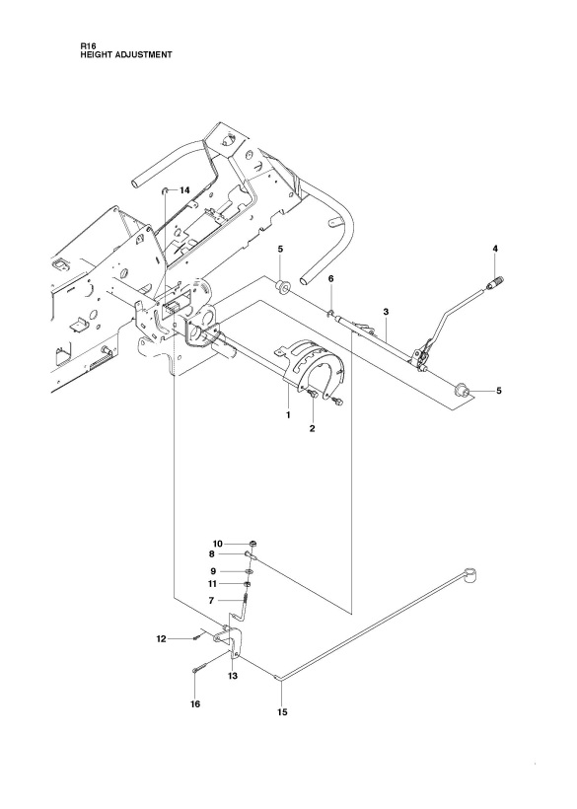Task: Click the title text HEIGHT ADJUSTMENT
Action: tap(126, 54)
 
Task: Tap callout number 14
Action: tap(184, 190)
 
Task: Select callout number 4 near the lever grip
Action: tap(495, 249)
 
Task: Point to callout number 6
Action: tap(331, 278)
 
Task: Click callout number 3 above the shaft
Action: tap(386, 312)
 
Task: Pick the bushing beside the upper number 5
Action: tap(282, 285)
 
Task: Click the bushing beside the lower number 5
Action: tap(462, 391)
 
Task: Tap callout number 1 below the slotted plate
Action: tap(288, 414)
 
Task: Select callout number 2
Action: tap(312, 428)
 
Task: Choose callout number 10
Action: tap(217, 544)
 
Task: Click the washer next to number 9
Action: tap(250, 571)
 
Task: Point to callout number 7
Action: tap(211, 601)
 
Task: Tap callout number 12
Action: tap(162, 638)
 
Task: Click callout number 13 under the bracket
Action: tap(233, 676)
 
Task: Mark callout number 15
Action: tap(282, 712)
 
